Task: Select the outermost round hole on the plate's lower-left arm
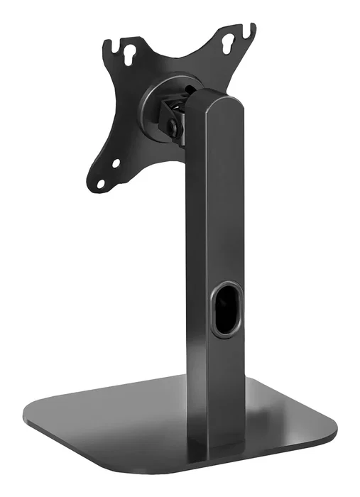click(x=101, y=183)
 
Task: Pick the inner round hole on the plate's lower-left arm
click(x=116, y=163)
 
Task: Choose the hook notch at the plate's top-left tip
click(x=109, y=44)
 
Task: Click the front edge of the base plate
click(x=142, y=469)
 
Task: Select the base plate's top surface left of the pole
click(x=121, y=419)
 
